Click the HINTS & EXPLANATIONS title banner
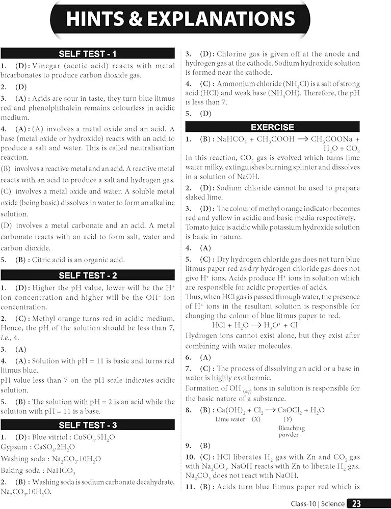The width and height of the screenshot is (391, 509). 180,19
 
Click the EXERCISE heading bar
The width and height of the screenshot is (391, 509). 272,127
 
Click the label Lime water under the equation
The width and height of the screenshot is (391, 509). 229,419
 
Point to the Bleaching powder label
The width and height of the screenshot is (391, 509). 289,432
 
